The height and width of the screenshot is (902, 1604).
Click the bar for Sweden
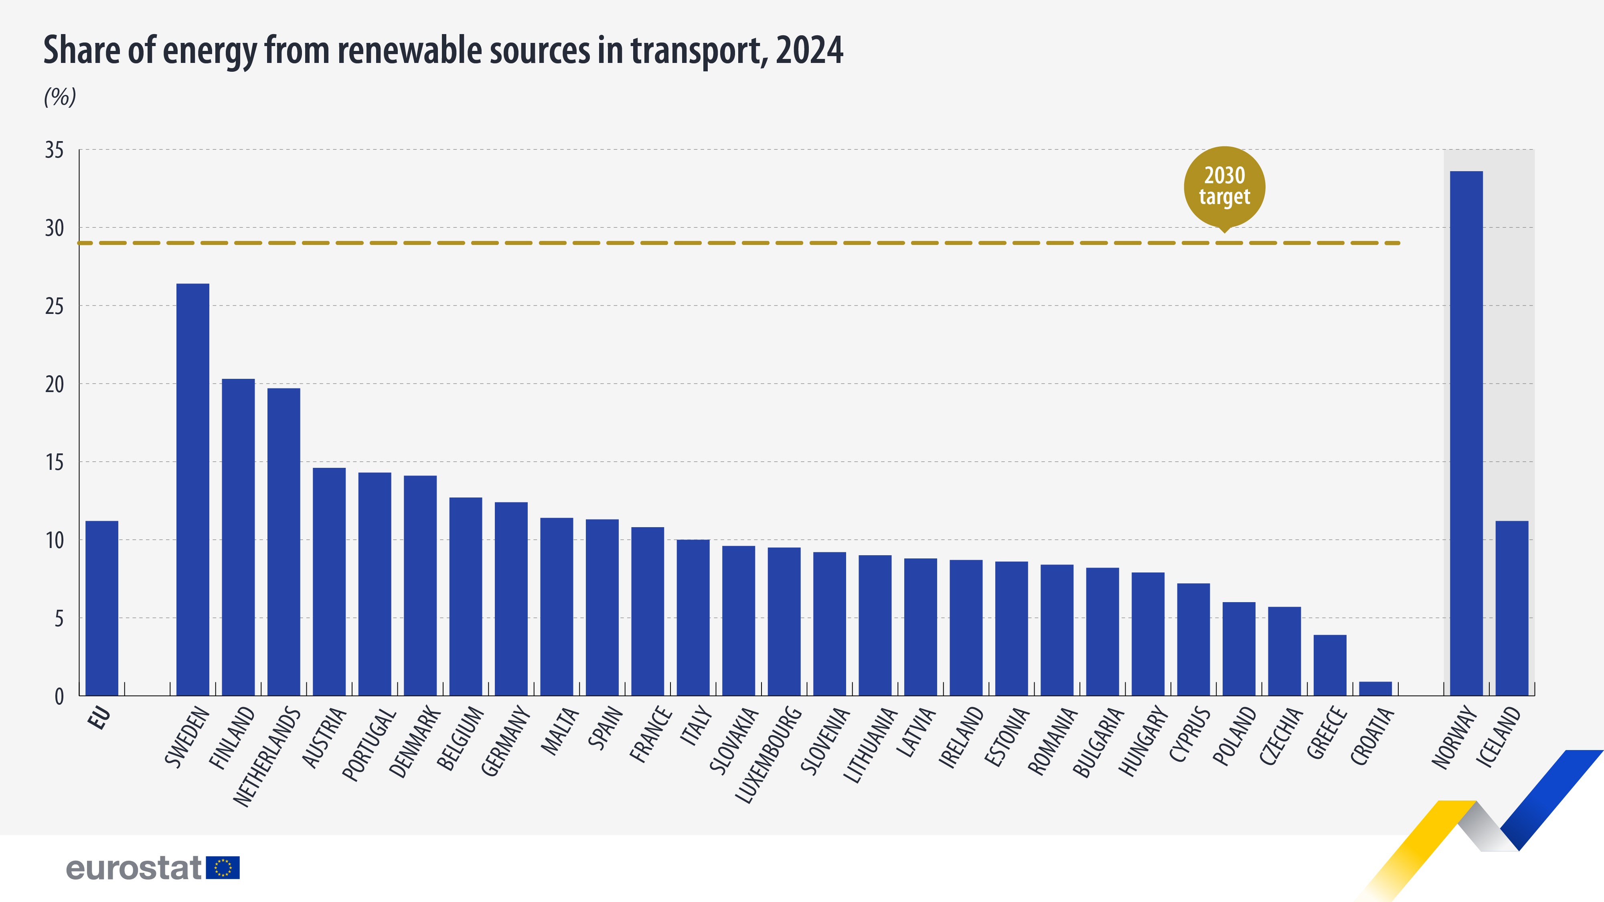click(x=192, y=489)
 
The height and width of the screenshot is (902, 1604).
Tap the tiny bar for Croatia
click(x=1375, y=688)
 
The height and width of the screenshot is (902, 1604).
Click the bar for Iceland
click(x=1511, y=608)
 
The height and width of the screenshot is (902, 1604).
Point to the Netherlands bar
click(x=284, y=542)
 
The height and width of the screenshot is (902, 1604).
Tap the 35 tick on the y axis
click(x=54, y=150)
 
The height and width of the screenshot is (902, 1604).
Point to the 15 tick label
click(x=54, y=463)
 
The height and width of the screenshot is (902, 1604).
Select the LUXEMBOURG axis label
click(x=768, y=754)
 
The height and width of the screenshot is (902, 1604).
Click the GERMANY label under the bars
click(x=505, y=741)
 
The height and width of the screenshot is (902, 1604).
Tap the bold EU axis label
click(x=99, y=717)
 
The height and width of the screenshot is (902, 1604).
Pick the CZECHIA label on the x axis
click(x=1280, y=736)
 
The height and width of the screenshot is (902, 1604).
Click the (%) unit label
click(x=60, y=97)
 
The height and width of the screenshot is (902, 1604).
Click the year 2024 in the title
click(x=809, y=50)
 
